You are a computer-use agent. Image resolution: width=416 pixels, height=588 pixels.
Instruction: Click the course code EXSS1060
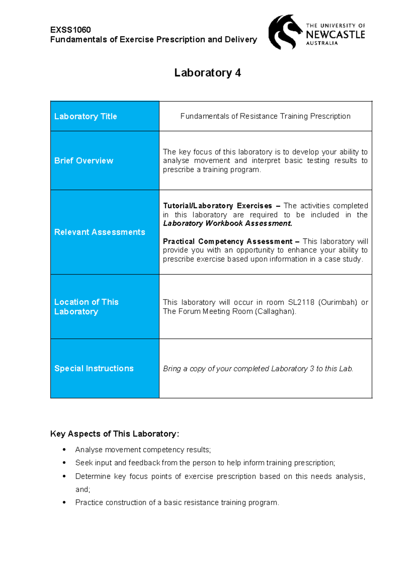[70, 30]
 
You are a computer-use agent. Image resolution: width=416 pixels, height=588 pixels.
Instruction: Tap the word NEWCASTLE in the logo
[335, 35]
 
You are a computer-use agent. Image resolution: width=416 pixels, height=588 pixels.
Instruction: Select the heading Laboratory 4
[207, 73]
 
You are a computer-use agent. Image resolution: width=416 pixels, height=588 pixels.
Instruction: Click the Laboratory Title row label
[85, 116]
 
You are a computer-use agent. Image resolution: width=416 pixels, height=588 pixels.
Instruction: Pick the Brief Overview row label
[84, 161]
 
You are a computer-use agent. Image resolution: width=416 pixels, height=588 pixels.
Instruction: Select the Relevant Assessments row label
[99, 232]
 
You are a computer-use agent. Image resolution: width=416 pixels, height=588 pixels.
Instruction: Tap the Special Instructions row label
[94, 369]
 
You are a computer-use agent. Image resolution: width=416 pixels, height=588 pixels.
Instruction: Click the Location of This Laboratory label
[86, 307]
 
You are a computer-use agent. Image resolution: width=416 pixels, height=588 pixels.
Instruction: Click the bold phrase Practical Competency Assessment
[228, 241]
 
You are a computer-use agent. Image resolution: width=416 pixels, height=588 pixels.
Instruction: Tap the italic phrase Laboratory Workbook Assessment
[227, 224]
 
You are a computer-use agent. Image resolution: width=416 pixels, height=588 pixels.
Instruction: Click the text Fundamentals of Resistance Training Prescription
[265, 116]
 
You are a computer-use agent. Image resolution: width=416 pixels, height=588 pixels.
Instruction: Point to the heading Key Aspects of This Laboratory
[114, 434]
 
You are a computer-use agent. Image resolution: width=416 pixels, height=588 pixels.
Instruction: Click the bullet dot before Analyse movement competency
[64, 450]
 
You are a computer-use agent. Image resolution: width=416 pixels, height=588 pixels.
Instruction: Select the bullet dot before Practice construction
[64, 502]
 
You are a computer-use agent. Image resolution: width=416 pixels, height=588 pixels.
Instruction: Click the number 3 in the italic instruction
[312, 369]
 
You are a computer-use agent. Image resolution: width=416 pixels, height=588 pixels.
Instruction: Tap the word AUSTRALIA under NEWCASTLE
[322, 43]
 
